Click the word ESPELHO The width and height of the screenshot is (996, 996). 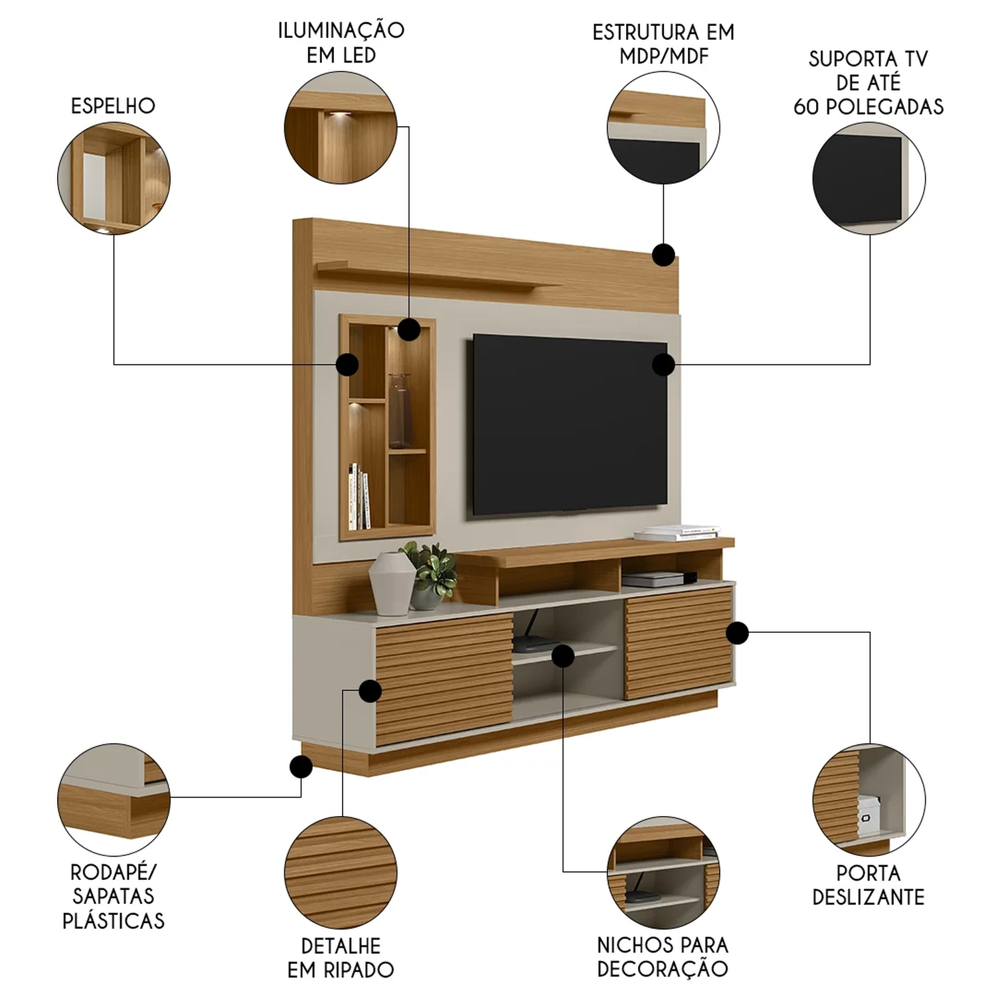click(113, 106)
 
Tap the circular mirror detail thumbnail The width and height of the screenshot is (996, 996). click(114, 177)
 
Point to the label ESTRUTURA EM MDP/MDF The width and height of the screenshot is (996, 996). click(663, 44)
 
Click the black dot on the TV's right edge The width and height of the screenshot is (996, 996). click(663, 365)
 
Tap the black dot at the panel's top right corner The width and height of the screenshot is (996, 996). click(663, 254)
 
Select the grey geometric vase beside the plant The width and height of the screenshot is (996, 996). click(392, 584)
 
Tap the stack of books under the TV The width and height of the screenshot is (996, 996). click(677, 533)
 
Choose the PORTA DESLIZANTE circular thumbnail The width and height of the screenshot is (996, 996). click(869, 799)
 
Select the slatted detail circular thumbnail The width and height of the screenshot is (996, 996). click(341, 872)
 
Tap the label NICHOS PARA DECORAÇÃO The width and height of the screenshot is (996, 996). click(663, 956)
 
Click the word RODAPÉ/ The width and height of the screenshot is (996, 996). click(113, 872)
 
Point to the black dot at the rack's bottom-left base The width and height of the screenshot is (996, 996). click(301, 768)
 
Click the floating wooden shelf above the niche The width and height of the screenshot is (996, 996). click(438, 276)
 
